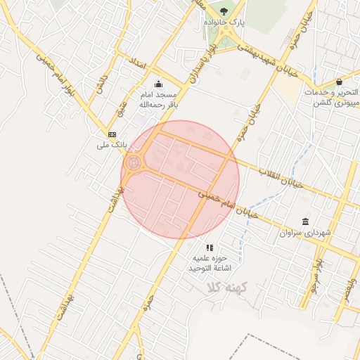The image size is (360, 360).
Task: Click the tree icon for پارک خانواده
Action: click(x=224, y=11)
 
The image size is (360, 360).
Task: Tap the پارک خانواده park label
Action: click(x=224, y=22)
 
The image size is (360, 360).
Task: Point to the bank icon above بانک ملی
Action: click(x=112, y=134)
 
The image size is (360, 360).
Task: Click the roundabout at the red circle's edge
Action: click(x=134, y=164)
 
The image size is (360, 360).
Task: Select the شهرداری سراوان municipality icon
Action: click(x=304, y=221)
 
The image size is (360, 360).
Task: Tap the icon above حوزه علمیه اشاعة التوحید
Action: click(x=210, y=247)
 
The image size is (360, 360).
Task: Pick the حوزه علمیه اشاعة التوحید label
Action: click(x=210, y=263)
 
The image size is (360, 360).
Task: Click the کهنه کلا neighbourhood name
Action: click(x=224, y=288)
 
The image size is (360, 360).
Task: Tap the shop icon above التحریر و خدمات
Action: click(x=340, y=81)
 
